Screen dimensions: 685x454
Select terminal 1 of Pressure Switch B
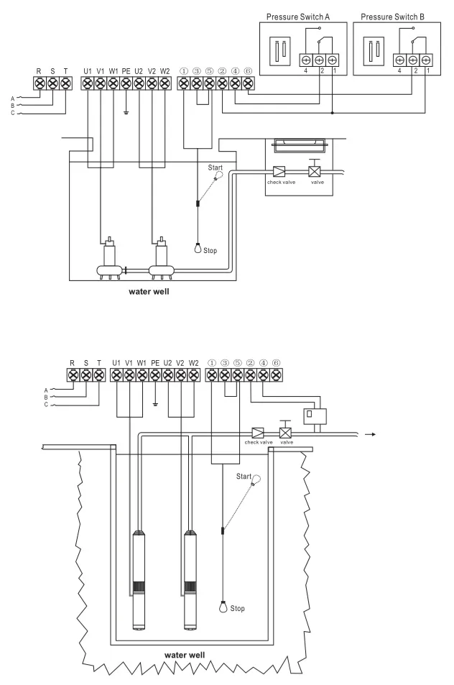point(427,60)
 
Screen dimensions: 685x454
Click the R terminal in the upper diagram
point(40,83)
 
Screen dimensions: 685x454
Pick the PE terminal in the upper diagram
point(126,83)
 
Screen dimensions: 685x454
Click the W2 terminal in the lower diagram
point(193,374)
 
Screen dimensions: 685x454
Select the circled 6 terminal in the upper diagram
point(248,83)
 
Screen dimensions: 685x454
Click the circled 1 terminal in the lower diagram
point(212,374)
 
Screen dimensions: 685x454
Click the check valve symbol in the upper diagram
point(278,173)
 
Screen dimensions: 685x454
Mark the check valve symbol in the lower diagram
point(256,433)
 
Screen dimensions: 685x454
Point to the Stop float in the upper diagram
point(198,251)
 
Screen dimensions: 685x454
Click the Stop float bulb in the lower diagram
point(223,606)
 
